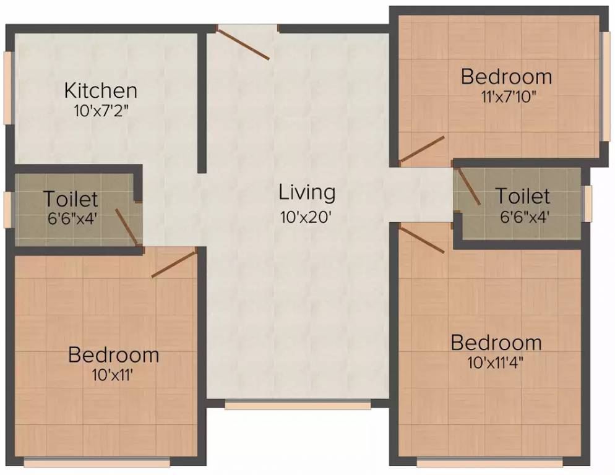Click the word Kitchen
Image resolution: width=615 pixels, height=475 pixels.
(x=100, y=91)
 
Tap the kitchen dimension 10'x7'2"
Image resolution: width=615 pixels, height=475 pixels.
(x=100, y=111)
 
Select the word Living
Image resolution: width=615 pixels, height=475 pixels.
(x=307, y=192)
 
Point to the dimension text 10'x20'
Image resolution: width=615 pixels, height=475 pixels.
(x=307, y=217)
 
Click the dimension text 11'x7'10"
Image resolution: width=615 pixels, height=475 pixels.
(x=506, y=96)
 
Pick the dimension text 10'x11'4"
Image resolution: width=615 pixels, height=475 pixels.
(x=496, y=362)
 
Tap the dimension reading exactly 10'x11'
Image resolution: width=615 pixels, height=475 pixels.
(x=113, y=375)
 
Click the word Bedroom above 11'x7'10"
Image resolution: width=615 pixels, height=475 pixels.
(x=506, y=77)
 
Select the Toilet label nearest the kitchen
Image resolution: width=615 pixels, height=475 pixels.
(x=70, y=199)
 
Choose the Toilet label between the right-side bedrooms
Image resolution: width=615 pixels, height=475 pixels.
(x=522, y=197)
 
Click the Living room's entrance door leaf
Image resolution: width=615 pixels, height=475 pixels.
(x=243, y=43)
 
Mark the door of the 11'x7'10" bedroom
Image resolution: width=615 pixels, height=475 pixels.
(x=422, y=150)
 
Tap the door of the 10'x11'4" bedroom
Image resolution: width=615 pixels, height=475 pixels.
(x=422, y=239)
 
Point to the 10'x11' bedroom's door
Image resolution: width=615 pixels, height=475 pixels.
(x=174, y=263)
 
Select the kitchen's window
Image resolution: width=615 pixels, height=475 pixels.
(x=8, y=87)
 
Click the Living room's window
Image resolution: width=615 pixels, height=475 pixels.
(x=298, y=405)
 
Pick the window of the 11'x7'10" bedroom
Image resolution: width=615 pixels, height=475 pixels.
(x=604, y=87)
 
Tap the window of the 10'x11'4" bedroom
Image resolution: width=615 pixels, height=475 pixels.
(x=489, y=462)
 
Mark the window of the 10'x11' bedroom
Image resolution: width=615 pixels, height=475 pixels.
(x=97, y=462)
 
